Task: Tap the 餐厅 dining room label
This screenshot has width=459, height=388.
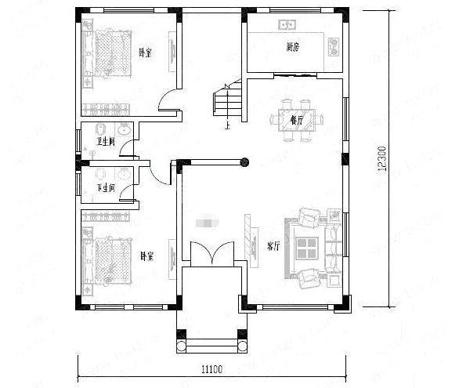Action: (x=296, y=121)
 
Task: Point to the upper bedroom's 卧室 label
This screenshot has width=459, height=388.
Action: (x=145, y=53)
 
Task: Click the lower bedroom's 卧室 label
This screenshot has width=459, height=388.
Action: (x=146, y=256)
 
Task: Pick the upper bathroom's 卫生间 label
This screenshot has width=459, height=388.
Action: (x=106, y=142)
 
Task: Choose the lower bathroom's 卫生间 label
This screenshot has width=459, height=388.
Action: (x=106, y=188)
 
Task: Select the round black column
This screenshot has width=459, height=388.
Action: (x=244, y=163)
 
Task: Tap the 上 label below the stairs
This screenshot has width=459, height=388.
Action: (x=226, y=124)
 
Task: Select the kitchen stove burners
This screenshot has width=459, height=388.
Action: (x=334, y=48)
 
